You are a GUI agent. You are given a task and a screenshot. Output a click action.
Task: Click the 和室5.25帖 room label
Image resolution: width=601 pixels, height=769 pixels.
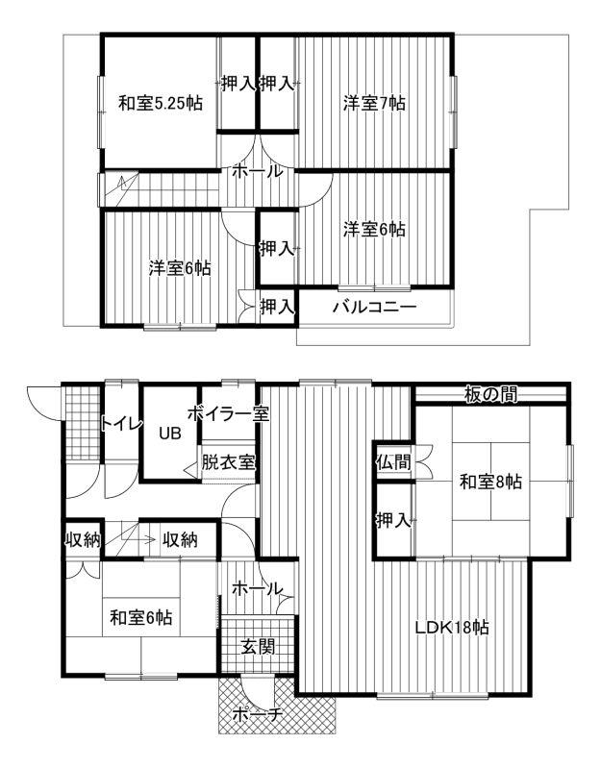tap(161, 104)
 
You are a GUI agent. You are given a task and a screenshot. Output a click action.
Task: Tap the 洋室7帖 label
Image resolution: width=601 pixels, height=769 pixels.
tap(374, 104)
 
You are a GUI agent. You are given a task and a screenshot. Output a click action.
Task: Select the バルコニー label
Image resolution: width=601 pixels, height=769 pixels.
tap(375, 308)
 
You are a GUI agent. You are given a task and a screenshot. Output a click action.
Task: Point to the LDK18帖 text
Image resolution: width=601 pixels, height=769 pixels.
tap(451, 628)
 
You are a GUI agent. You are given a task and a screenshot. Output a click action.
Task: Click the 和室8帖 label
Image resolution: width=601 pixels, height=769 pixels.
tap(490, 482)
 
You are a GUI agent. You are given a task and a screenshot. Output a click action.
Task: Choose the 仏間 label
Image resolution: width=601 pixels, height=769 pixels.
tap(393, 461)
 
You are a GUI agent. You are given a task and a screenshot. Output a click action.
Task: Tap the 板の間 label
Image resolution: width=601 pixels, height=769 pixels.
tap(490, 394)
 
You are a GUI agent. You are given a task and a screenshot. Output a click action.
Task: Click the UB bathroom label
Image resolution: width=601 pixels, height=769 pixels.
tap(170, 434)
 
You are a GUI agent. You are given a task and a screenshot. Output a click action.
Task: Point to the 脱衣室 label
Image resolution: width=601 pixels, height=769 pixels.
tap(228, 462)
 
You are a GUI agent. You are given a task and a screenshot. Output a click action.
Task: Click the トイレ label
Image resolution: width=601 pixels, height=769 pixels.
tap(122, 423)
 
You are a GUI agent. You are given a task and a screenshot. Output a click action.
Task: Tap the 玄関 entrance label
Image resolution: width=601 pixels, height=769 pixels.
tap(257, 647)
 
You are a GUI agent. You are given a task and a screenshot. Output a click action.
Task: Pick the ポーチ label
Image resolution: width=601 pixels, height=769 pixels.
tap(257, 714)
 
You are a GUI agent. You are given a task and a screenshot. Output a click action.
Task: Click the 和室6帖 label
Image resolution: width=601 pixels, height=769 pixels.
tap(140, 617)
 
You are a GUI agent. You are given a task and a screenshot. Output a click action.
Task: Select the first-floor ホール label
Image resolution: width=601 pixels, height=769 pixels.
tap(257, 588)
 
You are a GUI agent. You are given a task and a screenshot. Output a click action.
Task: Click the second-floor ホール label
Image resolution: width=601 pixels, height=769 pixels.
tap(257, 172)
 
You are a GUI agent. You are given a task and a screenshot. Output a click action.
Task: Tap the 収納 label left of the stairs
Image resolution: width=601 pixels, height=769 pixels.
tap(83, 540)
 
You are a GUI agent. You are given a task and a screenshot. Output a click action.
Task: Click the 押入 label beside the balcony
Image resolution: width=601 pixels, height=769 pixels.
tap(277, 307)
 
